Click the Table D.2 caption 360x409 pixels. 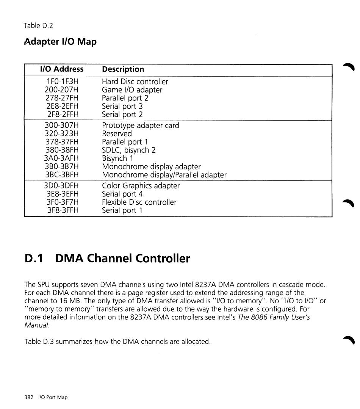38,26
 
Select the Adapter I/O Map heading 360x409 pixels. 60,41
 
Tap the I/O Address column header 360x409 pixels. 62,69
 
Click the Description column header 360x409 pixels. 123,69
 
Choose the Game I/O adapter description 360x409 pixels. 132,90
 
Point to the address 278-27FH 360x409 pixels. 62,98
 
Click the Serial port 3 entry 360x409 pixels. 122,107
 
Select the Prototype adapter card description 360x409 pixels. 141,125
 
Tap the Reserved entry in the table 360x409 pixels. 117,134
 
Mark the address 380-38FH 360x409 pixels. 62,150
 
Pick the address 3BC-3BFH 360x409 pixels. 62,175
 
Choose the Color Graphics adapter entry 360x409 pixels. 141,186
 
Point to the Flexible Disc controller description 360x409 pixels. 139,202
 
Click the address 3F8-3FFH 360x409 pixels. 62,211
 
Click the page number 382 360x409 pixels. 29,397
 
